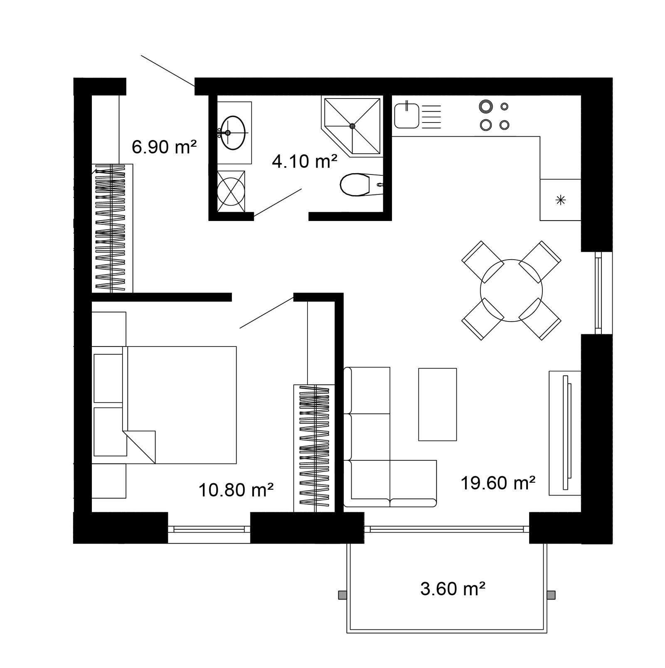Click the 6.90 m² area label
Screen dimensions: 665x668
click(164, 147)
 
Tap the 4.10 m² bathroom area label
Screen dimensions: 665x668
click(304, 161)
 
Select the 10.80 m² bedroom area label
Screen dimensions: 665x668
click(236, 490)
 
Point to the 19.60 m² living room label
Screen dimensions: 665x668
click(498, 483)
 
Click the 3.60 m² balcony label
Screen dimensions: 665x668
click(453, 589)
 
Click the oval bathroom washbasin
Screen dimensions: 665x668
click(233, 133)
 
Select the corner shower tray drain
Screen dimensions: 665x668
click(352, 126)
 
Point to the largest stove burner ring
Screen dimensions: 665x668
click(485, 106)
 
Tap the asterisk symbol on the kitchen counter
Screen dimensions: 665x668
click(561, 200)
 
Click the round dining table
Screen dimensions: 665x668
click(511, 290)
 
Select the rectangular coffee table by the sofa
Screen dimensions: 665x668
click(437, 404)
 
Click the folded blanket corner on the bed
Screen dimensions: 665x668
click(140, 447)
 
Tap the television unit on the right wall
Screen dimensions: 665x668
click(565, 433)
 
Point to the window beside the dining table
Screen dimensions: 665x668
click(598, 292)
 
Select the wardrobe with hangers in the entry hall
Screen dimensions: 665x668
click(112, 228)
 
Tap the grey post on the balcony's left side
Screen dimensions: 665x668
click(342, 595)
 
